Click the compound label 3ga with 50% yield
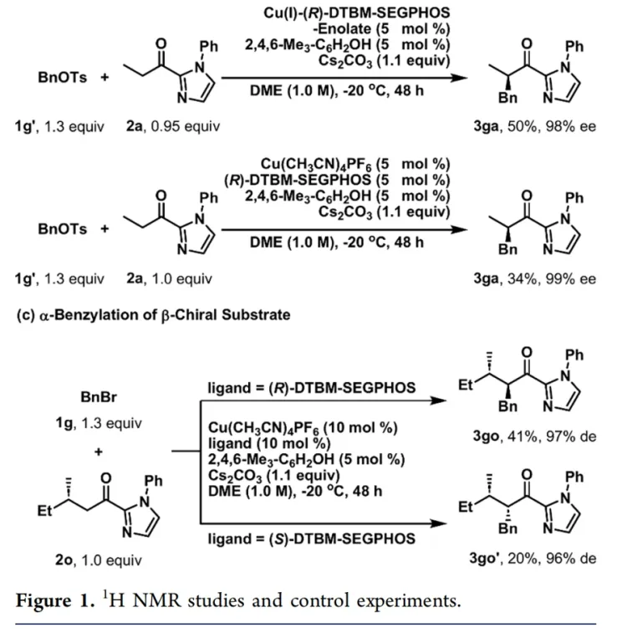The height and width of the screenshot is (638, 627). coord(486,126)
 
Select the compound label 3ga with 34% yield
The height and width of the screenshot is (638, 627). coord(486,278)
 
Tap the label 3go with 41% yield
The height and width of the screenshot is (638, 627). coord(486,436)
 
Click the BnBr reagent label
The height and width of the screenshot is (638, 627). coord(99,396)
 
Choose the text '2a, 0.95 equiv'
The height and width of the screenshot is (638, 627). coord(173,126)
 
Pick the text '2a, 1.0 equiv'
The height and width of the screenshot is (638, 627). coord(169,278)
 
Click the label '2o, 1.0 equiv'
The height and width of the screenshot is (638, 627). coord(99,560)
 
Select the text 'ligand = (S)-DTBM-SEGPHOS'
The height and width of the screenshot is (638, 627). coord(312,538)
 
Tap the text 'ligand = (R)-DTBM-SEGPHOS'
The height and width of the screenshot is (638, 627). coord(312,388)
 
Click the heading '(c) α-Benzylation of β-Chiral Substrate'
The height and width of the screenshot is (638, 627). coord(153,315)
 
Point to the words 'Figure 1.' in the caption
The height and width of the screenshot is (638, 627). coord(55,601)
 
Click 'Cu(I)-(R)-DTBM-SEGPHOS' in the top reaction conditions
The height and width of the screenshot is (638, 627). coord(357,13)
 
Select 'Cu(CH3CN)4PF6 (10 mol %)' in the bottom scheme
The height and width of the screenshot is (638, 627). coord(303,428)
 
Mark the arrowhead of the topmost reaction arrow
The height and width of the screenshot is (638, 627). coord(459,78)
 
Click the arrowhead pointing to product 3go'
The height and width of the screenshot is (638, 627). coord(438,523)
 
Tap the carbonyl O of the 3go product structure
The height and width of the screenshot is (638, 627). coord(527,352)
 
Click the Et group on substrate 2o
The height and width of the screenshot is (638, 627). coord(45,510)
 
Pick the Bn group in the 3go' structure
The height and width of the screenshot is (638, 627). coord(507,528)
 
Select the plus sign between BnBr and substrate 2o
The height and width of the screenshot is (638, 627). coord(99,452)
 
